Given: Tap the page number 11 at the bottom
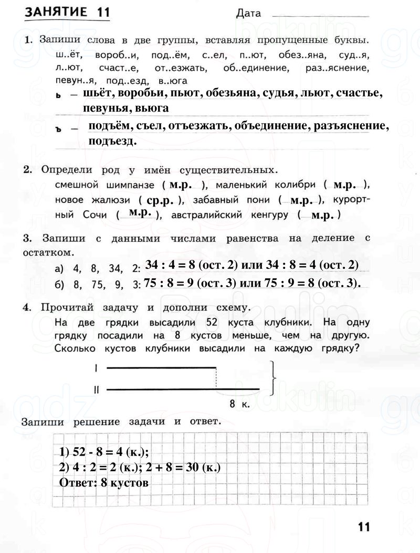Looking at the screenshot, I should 363,526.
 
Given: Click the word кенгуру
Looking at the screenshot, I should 269,215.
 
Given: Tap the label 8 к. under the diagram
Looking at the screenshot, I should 239,404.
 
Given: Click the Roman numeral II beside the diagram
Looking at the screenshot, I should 96,389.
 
